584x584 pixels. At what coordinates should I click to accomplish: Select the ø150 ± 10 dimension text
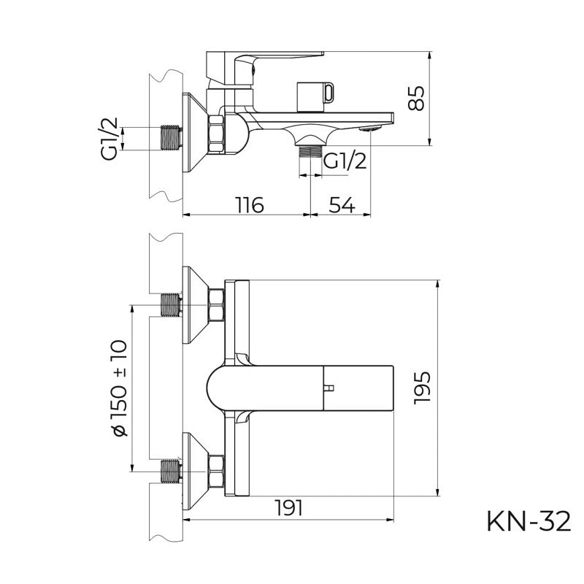[x=118, y=387]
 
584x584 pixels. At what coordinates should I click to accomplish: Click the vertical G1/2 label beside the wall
[x=110, y=138]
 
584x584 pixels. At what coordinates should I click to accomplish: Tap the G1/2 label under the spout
[x=344, y=161]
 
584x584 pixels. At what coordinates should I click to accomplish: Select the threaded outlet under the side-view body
[x=311, y=151]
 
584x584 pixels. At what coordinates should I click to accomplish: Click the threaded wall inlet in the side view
[x=170, y=138]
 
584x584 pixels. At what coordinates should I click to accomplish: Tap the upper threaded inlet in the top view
[x=171, y=304]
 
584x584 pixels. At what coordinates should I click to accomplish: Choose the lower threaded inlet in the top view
[x=171, y=472]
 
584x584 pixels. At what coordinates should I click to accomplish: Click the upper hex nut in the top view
[x=217, y=304]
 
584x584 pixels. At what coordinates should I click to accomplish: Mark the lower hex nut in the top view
[x=217, y=472]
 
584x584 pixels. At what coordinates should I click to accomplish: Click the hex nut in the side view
[x=218, y=134]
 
